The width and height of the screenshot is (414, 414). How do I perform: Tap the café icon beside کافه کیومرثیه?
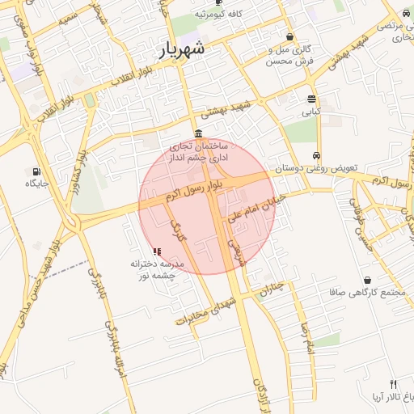(218, 3)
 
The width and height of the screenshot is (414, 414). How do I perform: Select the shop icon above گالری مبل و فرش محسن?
(290, 36)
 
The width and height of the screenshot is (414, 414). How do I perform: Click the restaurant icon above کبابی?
(312, 99)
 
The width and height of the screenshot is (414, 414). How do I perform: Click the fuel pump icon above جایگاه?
(36, 171)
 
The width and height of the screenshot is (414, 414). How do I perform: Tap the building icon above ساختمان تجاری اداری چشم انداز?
(199, 134)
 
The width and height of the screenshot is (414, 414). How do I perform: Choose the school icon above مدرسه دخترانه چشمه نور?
(157, 252)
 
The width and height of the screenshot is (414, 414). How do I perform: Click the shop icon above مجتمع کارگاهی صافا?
(368, 280)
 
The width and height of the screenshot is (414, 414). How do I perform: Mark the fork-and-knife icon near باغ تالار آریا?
(393, 384)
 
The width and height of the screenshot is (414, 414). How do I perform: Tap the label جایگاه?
(37, 184)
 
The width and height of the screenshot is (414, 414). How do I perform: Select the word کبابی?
(311, 112)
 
